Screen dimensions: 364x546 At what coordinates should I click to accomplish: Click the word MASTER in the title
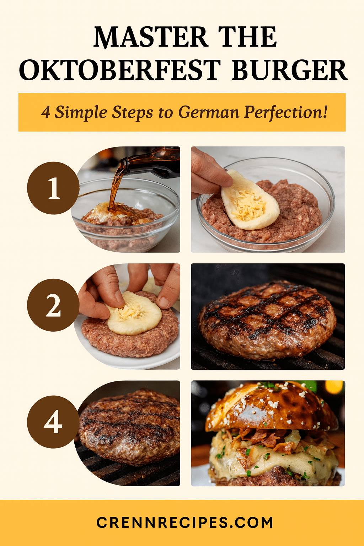point(151,37)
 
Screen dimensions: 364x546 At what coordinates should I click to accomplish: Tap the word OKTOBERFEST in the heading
point(120,70)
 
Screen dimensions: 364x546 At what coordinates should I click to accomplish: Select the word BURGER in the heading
point(290,70)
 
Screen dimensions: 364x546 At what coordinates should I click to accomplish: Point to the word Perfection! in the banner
point(285,112)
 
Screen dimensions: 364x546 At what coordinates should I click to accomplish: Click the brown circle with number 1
point(53,188)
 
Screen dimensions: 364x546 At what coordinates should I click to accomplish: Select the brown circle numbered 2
point(53,305)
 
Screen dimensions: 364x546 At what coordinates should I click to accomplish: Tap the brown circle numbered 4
point(53,422)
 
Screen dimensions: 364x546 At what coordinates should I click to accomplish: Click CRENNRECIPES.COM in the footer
point(184,523)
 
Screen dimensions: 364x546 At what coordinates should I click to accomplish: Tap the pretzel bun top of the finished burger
point(271,406)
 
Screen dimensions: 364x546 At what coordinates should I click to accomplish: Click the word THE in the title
point(247,37)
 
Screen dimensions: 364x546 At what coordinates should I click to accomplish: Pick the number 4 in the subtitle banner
point(45,113)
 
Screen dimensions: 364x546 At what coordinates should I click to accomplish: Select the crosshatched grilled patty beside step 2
point(267,321)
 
